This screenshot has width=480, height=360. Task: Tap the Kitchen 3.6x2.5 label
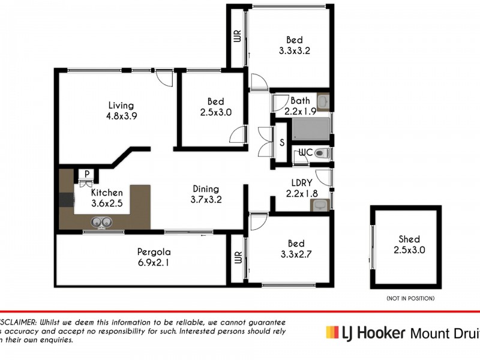pos(107,197)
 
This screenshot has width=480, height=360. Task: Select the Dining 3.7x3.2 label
pos(206,194)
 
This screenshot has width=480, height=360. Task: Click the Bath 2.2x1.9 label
pos(300,106)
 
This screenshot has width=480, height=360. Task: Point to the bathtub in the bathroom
pos(310,128)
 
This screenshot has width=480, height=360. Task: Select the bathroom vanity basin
pos(323,101)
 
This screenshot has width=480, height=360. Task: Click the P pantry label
pos(87,175)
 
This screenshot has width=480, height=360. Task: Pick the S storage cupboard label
pos(282,143)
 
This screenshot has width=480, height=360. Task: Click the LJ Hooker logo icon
pos(332,332)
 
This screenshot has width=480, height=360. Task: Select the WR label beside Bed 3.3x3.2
pos(237,37)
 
